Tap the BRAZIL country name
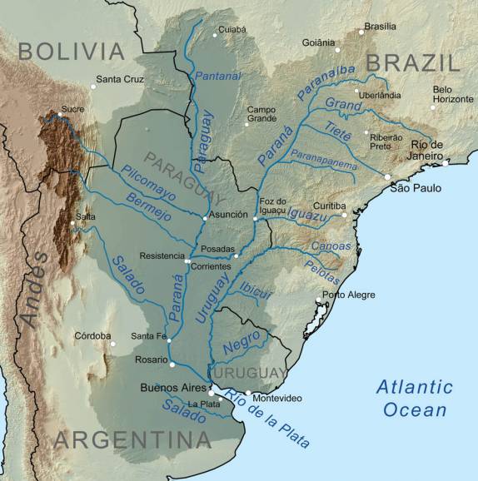(413, 62)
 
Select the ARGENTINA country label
(132, 439)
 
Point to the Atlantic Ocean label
(414, 398)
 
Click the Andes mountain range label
(33, 288)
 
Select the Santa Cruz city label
(121, 80)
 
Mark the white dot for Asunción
(205, 218)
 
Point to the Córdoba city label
(92, 335)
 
